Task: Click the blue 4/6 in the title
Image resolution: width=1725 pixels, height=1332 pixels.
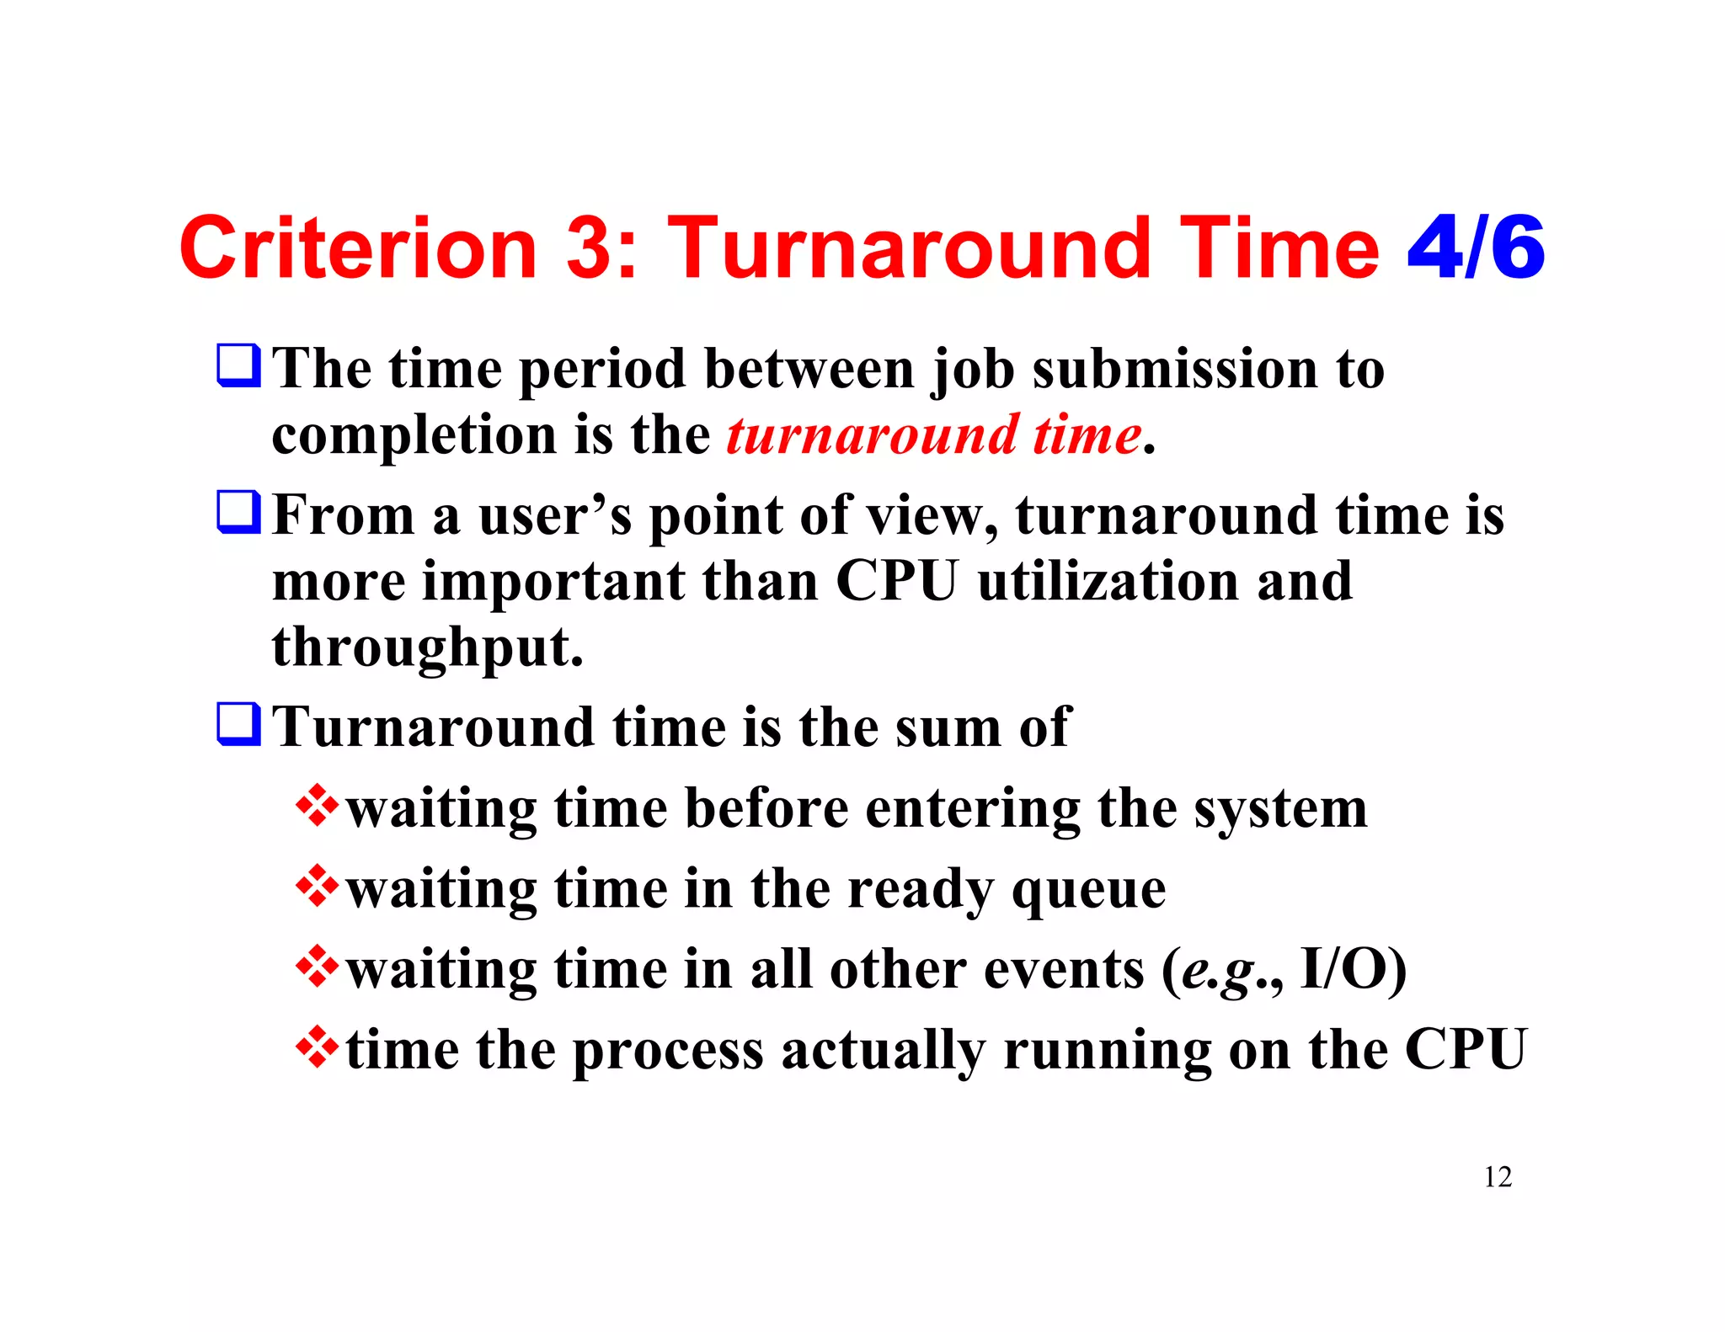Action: coord(1476,248)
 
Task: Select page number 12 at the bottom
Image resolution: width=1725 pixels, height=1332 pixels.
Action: coord(1497,1176)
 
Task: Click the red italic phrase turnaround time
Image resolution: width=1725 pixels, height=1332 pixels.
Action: coord(933,435)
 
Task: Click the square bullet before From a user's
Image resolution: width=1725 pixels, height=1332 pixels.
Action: coord(238,512)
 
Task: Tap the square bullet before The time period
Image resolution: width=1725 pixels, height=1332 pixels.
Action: coord(238,365)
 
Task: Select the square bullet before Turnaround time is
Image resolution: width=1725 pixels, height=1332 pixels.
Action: coord(238,724)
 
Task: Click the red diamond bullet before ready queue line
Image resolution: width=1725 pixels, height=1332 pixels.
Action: coord(317,886)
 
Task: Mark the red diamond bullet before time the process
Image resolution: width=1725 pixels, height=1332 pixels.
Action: coord(317,1047)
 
